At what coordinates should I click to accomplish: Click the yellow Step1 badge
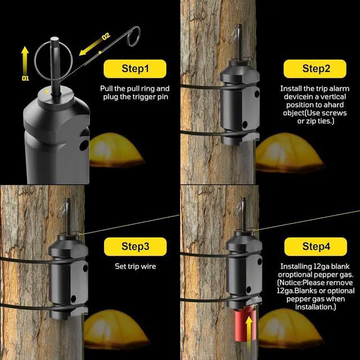tap(135, 69)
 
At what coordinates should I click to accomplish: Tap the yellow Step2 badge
tap(315, 69)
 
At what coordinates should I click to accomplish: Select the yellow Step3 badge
tap(135, 246)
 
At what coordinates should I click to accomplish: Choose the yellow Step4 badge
tap(316, 246)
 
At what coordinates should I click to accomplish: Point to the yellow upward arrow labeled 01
tap(25, 60)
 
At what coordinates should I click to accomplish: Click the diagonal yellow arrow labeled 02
tap(91, 47)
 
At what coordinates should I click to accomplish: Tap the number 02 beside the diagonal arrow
tap(106, 36)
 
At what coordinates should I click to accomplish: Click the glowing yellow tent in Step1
tap(116, 150)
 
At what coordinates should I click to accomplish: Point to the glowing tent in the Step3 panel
tap(115, 328)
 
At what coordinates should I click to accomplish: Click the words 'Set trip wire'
tap(135, 266)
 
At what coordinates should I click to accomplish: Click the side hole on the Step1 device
tap(84, 145)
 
